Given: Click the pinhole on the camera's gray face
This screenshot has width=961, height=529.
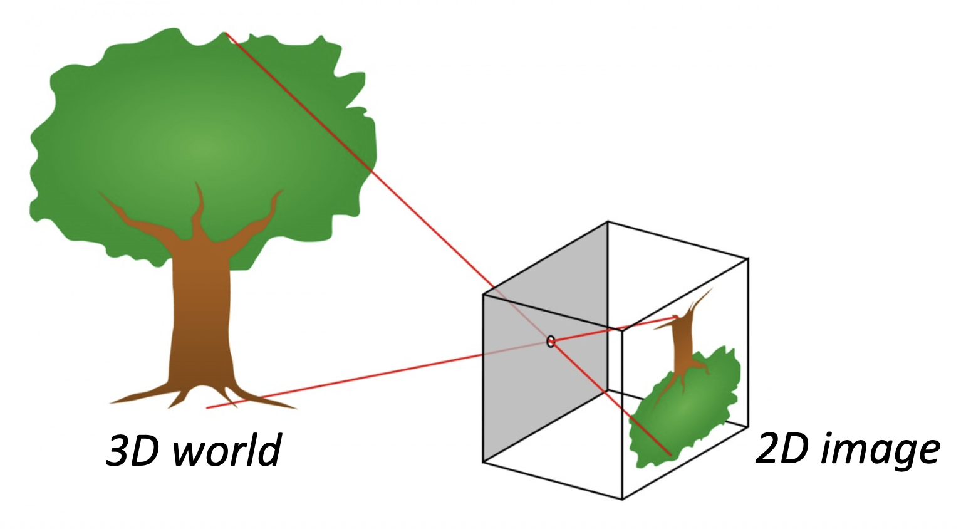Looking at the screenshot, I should coord(551,342).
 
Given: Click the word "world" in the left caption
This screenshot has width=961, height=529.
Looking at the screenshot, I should coord(227,450).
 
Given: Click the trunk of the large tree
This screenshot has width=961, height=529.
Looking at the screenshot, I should coord(200,313).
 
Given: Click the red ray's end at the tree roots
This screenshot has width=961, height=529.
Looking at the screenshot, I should coord(207,408).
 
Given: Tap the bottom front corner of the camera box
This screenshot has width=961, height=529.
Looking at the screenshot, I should coord(622,500).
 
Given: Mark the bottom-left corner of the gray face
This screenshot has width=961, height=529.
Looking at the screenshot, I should coord(483,463).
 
